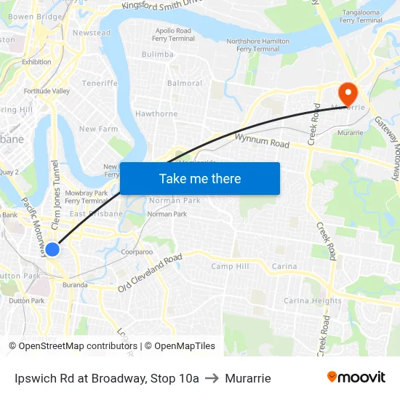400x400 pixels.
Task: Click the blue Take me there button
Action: click(x=199, y=178)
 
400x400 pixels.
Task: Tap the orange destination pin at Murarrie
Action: click(x=347, y=92)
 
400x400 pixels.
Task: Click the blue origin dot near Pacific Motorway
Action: click(x=52, y=249)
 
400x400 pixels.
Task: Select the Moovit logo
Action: click(x=356, y=377)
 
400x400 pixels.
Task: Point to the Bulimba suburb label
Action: click(x=158, y=55)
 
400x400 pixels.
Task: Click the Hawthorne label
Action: click(x=156, y=113)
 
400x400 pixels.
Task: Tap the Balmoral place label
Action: click(x=185, y=84)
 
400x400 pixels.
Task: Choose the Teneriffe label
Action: click(x=100, y=83)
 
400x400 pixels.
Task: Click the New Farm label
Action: click(x=98, y=129)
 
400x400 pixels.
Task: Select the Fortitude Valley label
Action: click(x=47, y=91)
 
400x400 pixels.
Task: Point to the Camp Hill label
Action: click(x=230, y=266)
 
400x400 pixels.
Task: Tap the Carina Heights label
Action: click(x=312, y=300)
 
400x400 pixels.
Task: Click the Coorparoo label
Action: click(x=137, y=252)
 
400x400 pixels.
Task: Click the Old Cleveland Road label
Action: click(x=150, y=273)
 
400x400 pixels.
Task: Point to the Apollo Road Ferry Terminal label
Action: click(x=173, y=35)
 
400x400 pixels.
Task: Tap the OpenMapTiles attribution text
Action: click(x=180, y=346)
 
